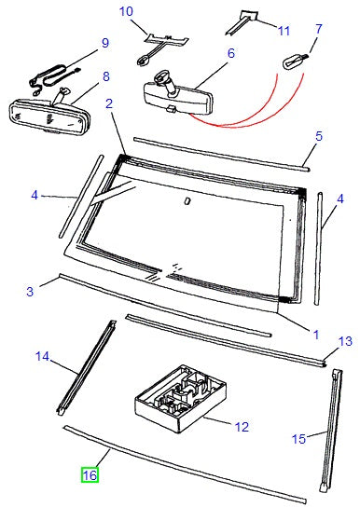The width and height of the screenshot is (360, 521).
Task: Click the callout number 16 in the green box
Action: tap(90, 475)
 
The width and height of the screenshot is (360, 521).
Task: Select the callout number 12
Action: tap(242, 428)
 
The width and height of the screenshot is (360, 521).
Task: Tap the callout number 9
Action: tap(104, 43)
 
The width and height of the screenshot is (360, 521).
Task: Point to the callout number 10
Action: tap(127, 12)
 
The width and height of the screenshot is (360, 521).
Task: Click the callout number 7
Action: tap(318, 31)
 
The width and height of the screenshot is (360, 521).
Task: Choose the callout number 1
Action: tap(314, 333)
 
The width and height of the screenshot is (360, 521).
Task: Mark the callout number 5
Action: tap(318, 136)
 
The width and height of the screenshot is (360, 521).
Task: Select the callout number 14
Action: tap(42, 355)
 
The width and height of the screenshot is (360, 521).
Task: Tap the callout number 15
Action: tap(299, 437)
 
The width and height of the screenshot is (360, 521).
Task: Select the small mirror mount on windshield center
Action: tap(187, 199)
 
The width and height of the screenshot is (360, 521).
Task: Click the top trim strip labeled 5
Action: tap(220, 152)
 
